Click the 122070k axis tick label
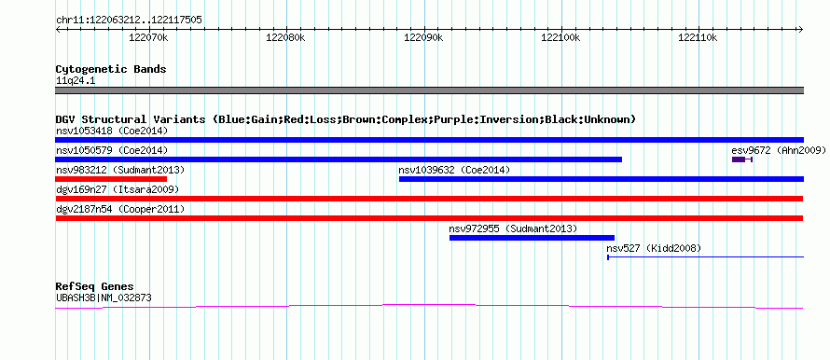tap(148, 37)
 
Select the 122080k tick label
tap(286, 37)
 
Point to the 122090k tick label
tap(423, 37)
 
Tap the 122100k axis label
tap(561, 37)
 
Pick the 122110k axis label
tap(699, 37)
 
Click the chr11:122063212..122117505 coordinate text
tap(129, 21)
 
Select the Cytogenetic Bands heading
tap(111, 69)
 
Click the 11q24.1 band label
tap(76, 81)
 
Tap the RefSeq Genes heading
tap(94, 287)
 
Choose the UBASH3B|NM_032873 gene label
tap(104, 298)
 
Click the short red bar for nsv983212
tap(111, 179)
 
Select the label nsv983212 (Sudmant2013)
tap(120, 170)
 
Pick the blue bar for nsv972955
tap(532, 238)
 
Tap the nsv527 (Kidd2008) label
tap(654, 248)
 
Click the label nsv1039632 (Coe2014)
tap(454, 170)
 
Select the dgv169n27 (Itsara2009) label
tap(118, 189)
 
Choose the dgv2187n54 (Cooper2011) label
tap(120, 210)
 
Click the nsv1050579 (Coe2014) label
tap(112, 150)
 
